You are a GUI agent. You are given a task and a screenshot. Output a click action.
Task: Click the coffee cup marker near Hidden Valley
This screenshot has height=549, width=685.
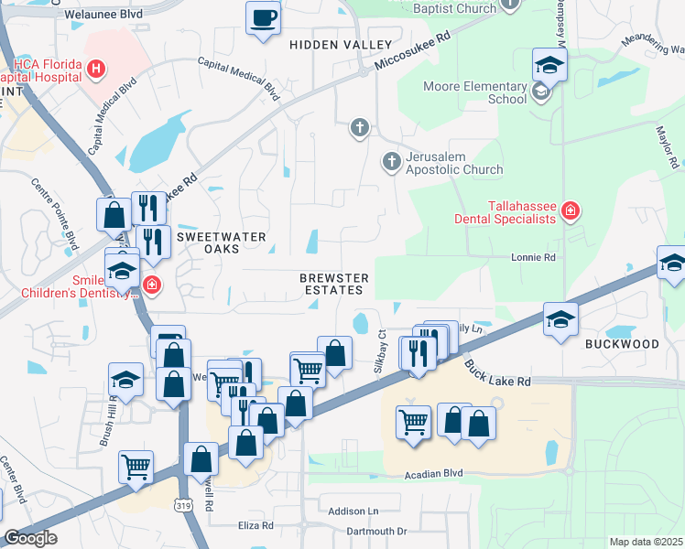263,18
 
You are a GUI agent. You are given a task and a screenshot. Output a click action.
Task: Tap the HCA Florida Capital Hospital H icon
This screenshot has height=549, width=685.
95,68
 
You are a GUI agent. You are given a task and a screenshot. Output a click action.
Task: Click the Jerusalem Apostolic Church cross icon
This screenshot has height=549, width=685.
392,162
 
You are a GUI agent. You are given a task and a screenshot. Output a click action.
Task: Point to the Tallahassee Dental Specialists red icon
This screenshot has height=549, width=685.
570,212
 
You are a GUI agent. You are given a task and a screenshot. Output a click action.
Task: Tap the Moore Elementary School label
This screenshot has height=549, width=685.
474,92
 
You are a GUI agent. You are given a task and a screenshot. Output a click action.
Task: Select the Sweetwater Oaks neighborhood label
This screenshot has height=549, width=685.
221,243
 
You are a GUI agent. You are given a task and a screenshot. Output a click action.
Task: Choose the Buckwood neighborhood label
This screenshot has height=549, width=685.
622,344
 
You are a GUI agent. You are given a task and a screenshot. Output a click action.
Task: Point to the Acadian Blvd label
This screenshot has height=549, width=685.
433,474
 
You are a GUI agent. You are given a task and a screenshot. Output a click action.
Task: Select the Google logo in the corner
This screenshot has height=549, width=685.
30,538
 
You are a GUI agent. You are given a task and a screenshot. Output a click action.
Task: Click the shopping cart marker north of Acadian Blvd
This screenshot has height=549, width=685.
413,422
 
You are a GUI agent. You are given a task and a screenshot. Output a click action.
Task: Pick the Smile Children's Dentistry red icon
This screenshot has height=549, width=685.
151,285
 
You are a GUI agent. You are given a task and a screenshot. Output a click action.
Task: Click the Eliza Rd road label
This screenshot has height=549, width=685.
256,526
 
